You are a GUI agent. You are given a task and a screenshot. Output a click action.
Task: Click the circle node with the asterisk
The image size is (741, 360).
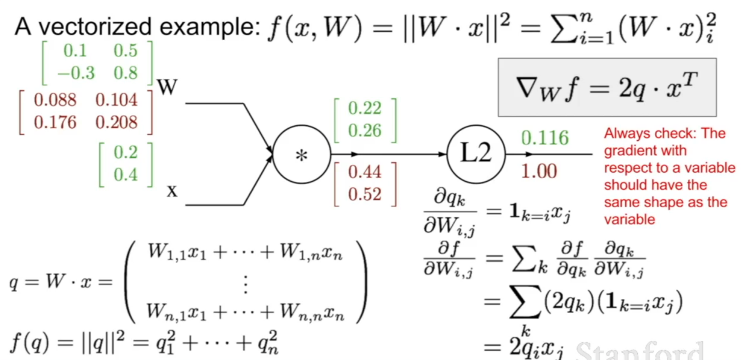(x=301, y=155)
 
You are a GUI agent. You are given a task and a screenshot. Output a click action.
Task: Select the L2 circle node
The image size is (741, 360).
(x=476, y=155)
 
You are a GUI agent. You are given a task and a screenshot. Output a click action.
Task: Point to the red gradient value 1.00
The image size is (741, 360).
(x=538, y=171)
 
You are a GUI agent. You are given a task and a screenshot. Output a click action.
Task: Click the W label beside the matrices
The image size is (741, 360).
(x=167, y=89)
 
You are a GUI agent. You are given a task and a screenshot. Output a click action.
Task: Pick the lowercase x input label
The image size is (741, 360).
(x=172, y=191)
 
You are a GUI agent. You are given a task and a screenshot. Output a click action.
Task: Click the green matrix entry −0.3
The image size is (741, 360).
(x=75, y=73)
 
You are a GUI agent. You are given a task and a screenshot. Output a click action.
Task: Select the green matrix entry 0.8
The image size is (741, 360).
(x=125, y=73)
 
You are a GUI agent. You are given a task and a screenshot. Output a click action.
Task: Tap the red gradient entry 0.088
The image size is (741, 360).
(x=55, y=100)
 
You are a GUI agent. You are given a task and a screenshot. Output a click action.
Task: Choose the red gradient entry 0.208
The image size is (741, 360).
(x=116, y=122)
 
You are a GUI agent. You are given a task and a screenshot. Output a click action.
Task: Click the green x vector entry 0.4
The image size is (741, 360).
(x=125, y=175)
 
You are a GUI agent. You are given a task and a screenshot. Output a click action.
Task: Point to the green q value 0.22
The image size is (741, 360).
(x=365, y=108)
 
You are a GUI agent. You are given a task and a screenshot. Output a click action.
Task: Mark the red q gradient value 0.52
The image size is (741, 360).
(x=365, y=194)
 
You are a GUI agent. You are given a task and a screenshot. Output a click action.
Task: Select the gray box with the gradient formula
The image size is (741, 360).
(x=607, y=88)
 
